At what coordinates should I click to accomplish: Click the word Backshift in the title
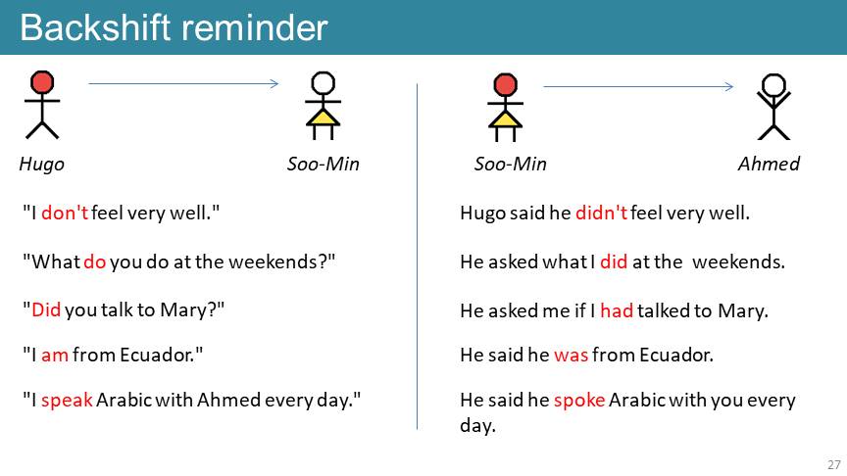tap(96, 27)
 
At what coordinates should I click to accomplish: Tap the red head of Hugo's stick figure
tap(42, 82)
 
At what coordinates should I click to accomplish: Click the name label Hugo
tap(41, 164)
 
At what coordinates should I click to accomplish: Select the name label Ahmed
tap(769, 164)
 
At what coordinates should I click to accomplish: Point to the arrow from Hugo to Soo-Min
tap(183, 83)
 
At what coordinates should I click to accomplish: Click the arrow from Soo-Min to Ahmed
tap(638, 86)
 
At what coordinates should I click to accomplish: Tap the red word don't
tap(65, 213)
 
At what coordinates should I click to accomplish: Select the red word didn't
tap(601, 213)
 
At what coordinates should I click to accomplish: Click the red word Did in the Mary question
tap(46, 309)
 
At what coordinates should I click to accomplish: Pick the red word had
tap(617, 310)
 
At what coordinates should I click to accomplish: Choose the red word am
tap(55, 356)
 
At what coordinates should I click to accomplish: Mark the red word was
tap(571, 356)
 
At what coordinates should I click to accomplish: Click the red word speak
tap(67, 401)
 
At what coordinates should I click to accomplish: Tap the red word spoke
tap(579, 401)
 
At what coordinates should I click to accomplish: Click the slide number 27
tap(834, 464)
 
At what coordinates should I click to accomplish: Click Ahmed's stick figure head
tap(773, 85)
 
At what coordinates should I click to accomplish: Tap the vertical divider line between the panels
tap(417, 257)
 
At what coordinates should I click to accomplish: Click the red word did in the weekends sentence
tap(614, 262)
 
